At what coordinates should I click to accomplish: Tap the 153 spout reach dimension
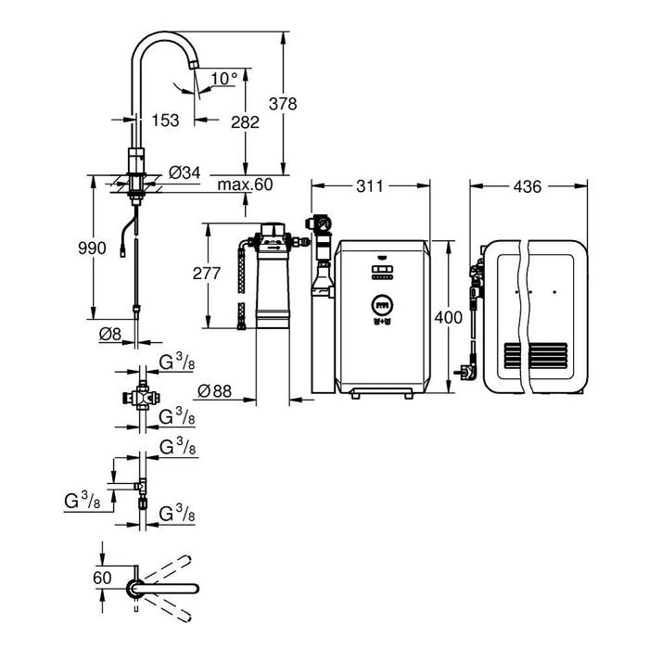tap(166, 120)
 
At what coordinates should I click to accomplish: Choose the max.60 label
tap(246, 185)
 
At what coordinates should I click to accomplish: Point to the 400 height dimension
tap(448, 318)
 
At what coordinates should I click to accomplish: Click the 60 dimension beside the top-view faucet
tap(104, 576)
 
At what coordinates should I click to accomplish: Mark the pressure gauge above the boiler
tap(321, 223)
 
